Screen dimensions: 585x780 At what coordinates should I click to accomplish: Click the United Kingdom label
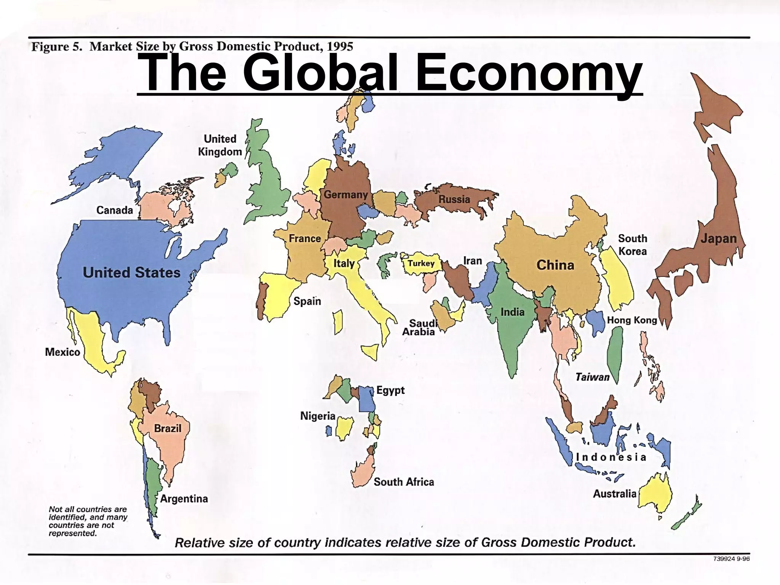(x=220, y=145)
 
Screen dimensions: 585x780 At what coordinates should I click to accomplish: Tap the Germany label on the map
(x=345, y=195)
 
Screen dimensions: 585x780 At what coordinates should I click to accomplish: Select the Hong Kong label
(x=632, y=320)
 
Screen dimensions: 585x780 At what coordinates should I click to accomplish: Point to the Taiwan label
(x=592, y=377)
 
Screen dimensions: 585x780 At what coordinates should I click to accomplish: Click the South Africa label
(x=404, y=482)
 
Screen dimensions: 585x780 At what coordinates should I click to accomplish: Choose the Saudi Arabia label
(x=419, y=328)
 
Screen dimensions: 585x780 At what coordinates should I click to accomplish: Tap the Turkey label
(x=421, y=263)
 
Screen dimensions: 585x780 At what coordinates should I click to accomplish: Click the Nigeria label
(x=318, y=416)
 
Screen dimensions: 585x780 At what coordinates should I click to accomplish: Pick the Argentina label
(x=184, y=499)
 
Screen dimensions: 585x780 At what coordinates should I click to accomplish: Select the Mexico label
(x=62, y=352)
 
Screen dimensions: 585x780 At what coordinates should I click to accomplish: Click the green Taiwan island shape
(x=614, y=352)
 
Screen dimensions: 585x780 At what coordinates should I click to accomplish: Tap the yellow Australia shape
(x=655, y=495)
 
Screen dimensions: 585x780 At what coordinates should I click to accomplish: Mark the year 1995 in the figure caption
(x=340, y=46)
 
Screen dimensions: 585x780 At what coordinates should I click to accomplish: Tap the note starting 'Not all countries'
(x=88, y=521)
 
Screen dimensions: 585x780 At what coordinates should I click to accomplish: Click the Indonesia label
(x=611, y=457)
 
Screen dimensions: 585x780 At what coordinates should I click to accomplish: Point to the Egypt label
(x=390, y=390)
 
